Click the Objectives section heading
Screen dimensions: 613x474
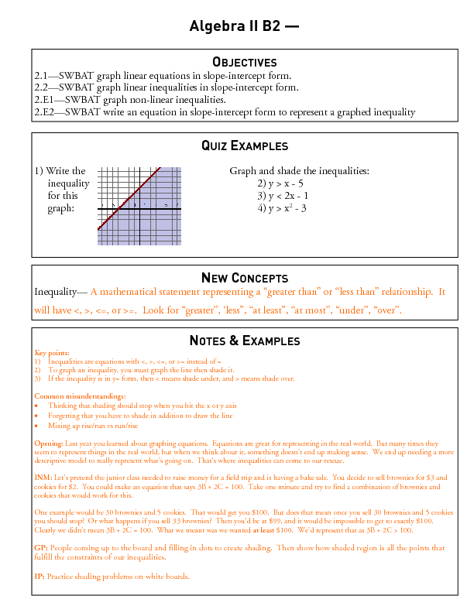click(244, 62)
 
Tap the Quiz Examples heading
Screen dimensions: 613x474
click(244, 146)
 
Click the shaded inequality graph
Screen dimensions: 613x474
click(139, 207)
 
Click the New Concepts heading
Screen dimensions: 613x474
click(244, 278)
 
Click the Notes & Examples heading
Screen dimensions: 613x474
click(244, 341)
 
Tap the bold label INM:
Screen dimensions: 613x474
click(43, 478)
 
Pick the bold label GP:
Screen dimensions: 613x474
click(41, 547)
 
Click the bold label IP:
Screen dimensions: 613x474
click(39, 577)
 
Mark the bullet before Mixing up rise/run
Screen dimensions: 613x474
click(37, 425)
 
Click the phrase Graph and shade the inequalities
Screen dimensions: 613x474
click(299, 171)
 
